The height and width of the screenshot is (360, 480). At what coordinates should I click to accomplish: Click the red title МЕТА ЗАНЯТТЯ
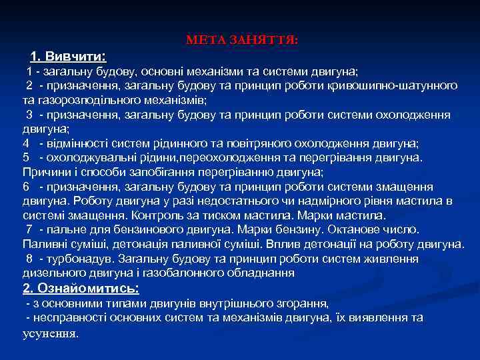point(242,41)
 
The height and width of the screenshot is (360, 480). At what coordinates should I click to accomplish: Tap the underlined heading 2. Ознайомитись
point(81,288)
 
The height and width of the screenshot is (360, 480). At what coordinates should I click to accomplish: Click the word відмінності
point(75,143)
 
